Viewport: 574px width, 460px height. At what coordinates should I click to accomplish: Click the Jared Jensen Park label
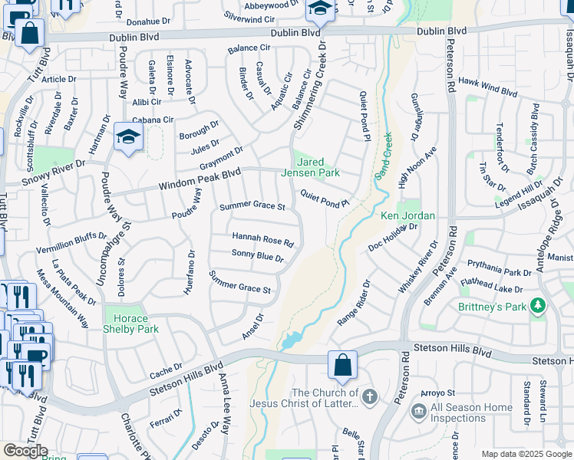pos(315,167)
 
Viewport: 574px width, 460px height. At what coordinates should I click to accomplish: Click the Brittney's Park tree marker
pos(538,306)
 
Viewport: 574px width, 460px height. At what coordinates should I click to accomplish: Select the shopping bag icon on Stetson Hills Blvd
pos(342,364)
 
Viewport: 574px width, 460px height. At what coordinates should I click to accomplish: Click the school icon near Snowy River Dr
pos(128,138)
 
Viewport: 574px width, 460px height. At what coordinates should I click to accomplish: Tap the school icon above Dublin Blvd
pos(319,9)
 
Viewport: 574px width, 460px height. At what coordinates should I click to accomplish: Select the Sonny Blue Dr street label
pos(258,257)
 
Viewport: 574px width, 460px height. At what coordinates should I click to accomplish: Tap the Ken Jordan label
pos(407,216)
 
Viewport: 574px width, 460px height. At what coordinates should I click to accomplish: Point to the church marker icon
pos(370,397)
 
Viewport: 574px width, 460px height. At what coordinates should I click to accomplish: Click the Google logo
pos(25,451)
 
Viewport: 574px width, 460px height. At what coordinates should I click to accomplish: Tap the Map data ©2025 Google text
pos(526,454)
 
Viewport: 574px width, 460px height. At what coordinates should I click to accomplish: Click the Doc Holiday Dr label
pos(392,236)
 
